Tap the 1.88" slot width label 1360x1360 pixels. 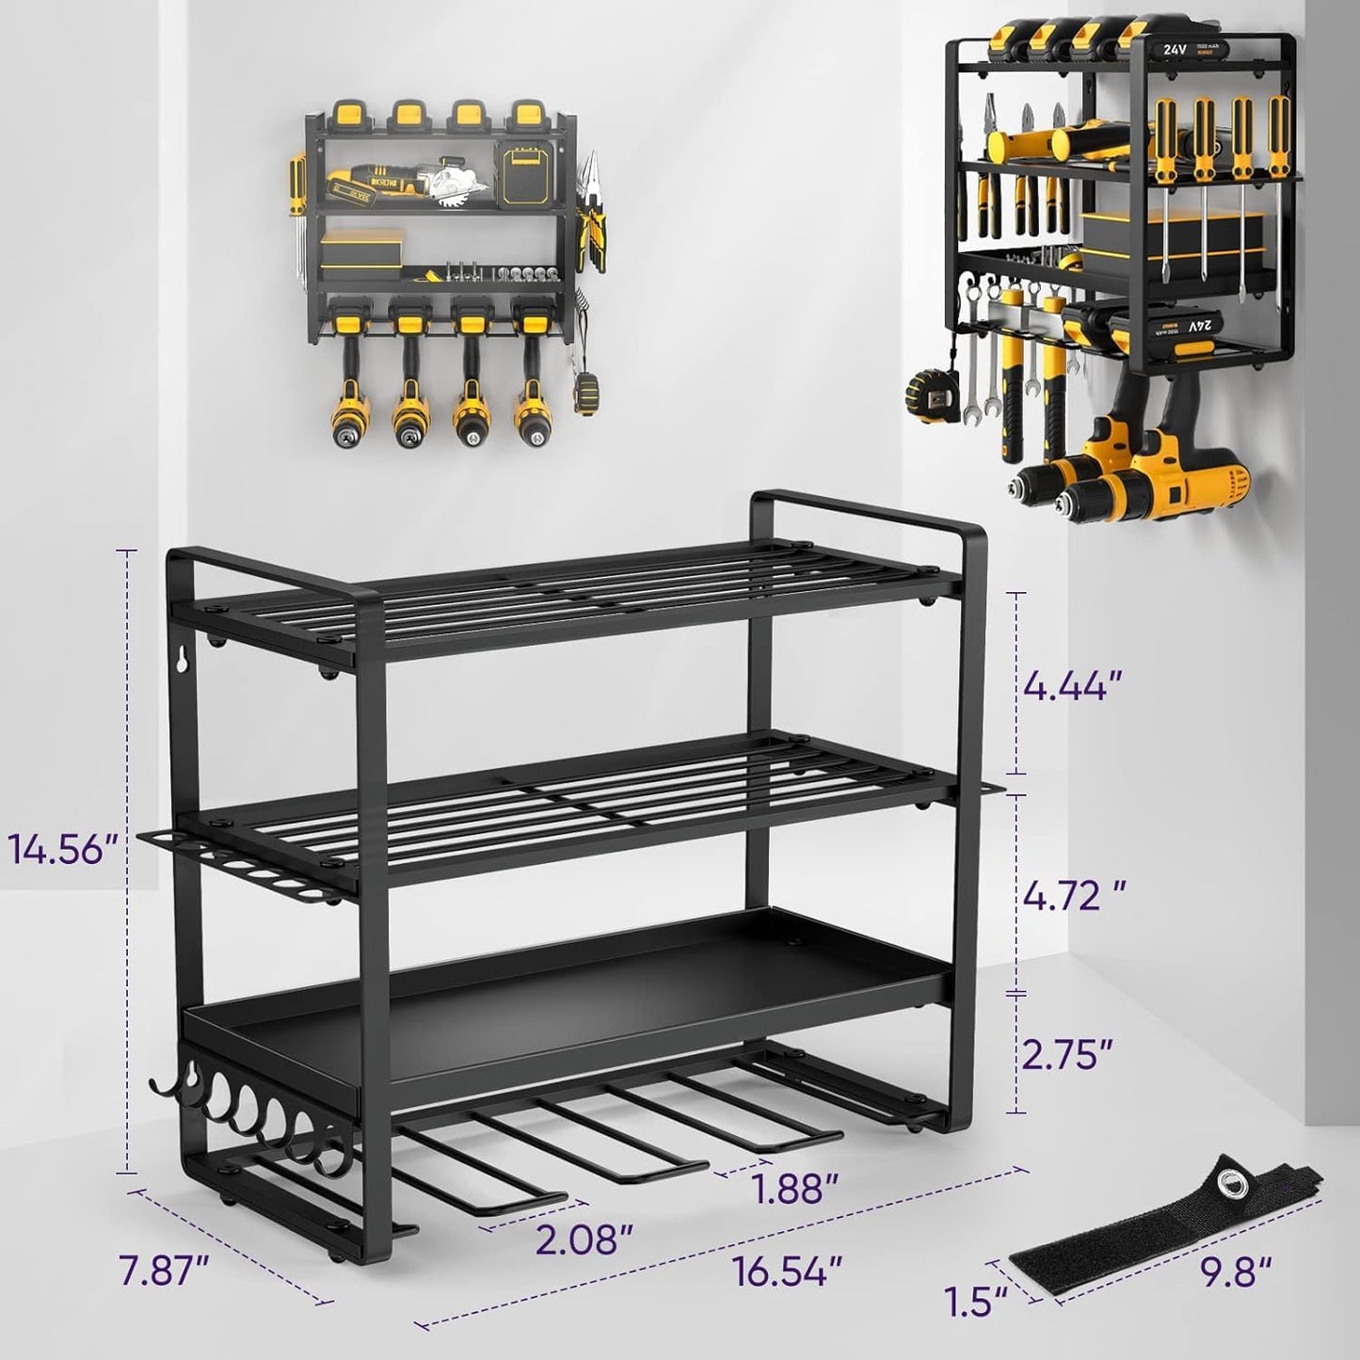coord(795,1190)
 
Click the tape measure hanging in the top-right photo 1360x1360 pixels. coord(930,393)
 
